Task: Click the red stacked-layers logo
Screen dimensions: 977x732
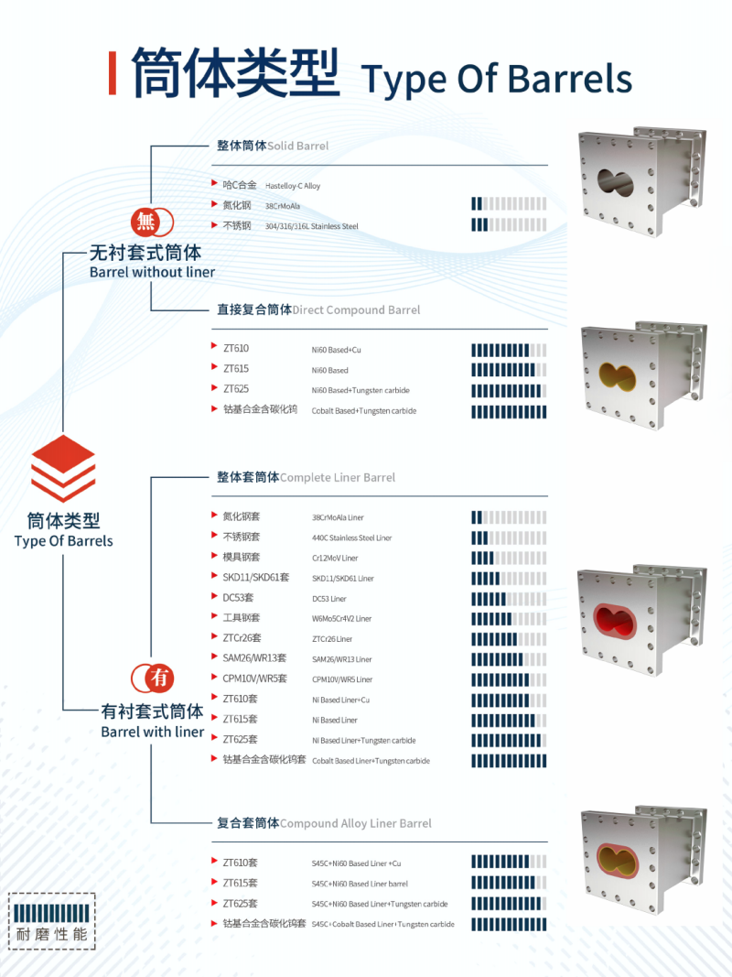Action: tap(63, 468)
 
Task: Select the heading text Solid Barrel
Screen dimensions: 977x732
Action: tap(298, 146)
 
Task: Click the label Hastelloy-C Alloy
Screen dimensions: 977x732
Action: tap(293, 186)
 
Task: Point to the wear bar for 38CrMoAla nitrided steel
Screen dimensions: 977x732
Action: tap(509, 205)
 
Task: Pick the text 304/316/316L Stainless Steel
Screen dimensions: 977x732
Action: tap(312, 225)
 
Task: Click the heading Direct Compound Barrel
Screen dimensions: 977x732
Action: tap(356, 309)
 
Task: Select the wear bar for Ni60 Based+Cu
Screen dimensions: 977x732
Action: tap(509, 349)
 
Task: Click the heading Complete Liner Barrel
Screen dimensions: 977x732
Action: tap(338, 477)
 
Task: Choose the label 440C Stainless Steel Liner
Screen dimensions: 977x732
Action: tap(351, 538)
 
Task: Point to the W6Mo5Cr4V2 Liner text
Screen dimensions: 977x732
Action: tap(341, 619)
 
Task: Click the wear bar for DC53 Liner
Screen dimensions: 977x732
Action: tap(509, 599)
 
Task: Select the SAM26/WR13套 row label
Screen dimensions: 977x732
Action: tap(255, 658)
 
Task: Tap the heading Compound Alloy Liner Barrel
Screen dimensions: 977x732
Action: tap(356, 823)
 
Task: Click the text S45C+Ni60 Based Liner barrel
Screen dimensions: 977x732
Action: tap(360, 884)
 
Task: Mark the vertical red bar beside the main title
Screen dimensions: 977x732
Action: tap(113, 73)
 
